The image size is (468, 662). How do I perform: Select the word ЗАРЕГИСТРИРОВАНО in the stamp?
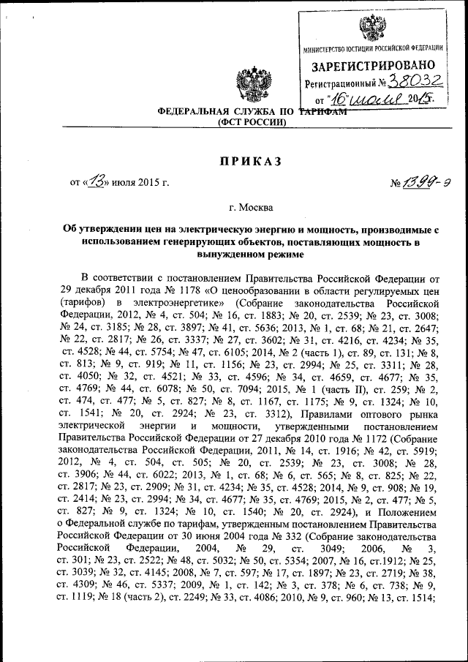[373, 66]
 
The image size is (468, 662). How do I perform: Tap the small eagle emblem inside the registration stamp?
[371, 29]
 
